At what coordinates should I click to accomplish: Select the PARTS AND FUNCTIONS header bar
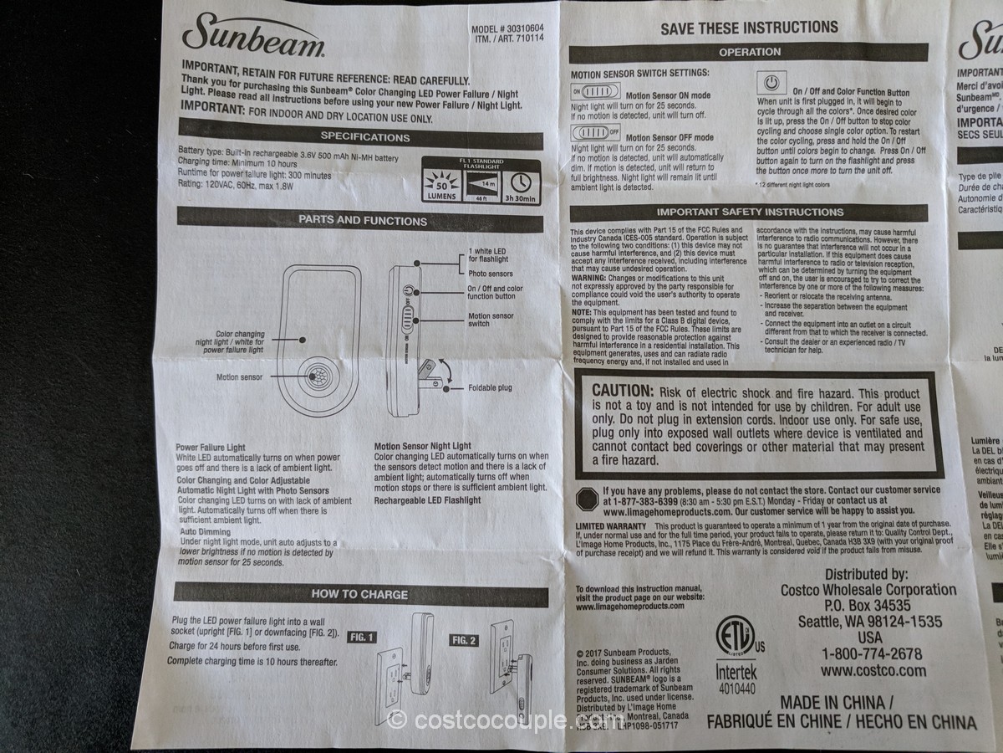(363, 221)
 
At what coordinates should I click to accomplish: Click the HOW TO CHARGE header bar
(359, 594)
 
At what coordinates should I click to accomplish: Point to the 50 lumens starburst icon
(441, 182)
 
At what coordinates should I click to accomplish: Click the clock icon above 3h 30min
(521, 181)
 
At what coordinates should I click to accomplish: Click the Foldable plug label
(490, 388)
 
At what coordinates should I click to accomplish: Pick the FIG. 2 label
(464, 640)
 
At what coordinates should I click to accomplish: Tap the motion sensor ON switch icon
(594, 91)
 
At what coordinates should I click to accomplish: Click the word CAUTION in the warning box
(622, 392)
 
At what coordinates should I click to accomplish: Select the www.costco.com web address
(873, 671)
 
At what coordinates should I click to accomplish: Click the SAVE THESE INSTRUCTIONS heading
(749, 28)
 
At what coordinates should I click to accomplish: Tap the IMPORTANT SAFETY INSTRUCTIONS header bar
(750, 213)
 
